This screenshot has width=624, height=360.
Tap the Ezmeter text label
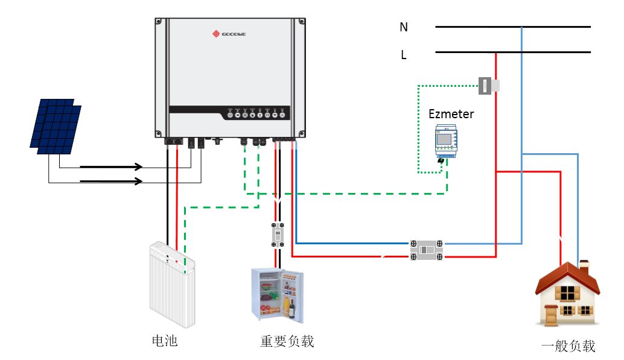(x=451, y=113)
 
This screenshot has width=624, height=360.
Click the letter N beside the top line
(x=404, y=27)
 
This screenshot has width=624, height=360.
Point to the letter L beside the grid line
(x=404, y=55)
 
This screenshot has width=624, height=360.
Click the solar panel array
(x=56, y=127)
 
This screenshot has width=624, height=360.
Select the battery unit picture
(x=172, y=283)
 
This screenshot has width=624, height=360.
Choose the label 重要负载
(x=287, y=341)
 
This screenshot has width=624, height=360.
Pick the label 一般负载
(x=568, y=346)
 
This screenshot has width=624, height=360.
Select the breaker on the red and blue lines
(x=427, y=250)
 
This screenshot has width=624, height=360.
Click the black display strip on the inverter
(x=229, y=113)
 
